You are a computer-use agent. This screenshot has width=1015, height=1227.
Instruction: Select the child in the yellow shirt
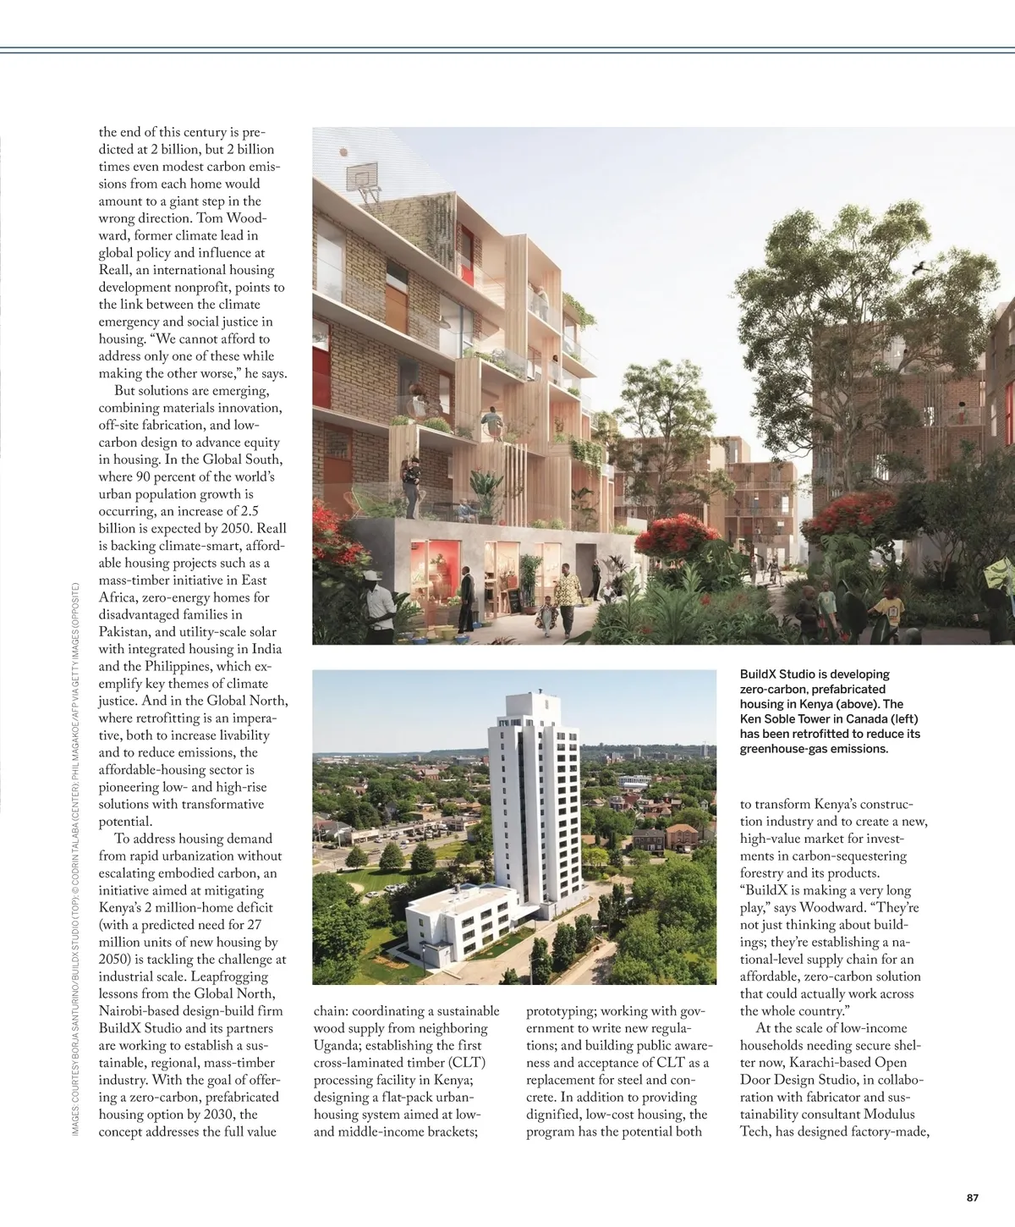888,608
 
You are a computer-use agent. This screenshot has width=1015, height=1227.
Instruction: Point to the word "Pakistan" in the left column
127,632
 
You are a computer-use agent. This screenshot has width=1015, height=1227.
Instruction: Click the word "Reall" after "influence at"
115,270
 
